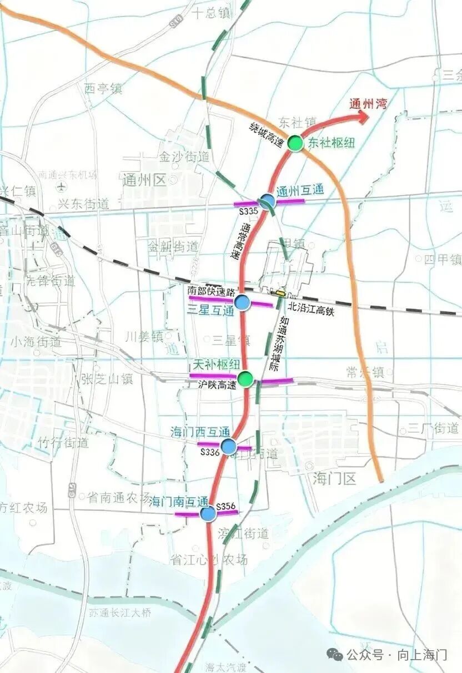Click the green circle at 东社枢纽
(295, 143)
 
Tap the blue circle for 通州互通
(268, 201)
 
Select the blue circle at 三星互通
(242, 302)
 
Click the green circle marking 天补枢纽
(247, 379)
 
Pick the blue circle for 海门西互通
(228, 446)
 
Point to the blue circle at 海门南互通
(208, 514)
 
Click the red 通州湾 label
(368, 103)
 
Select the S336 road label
(211, 453)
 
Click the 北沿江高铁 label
(311, 312)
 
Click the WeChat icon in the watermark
(335, 655)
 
